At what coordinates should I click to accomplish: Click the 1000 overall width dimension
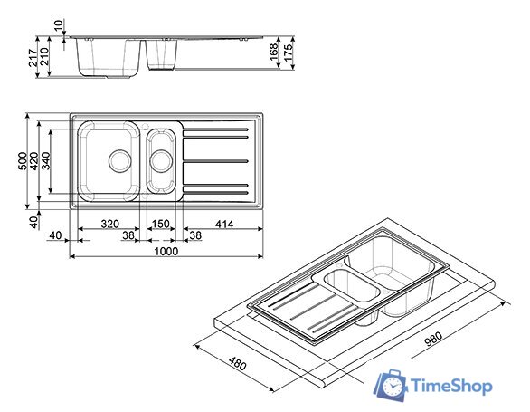(x=166, y=251)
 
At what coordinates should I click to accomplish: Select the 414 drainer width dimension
(x=223, y=223)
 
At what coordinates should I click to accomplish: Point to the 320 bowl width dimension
(x=109, y=223)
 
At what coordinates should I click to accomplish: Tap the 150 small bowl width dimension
(x=161, y=223)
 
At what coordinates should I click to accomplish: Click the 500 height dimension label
(x=22, y=160)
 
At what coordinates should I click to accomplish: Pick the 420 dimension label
(x=33, y=160)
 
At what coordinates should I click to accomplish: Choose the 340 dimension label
(x=45, y=160)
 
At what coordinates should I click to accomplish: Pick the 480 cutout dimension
(x=237, y=365)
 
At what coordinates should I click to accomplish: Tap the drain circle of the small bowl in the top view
(x=161, y=160)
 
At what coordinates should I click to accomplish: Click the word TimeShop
(x=451, y=387)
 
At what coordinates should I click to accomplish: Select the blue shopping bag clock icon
(x=392, y=384)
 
